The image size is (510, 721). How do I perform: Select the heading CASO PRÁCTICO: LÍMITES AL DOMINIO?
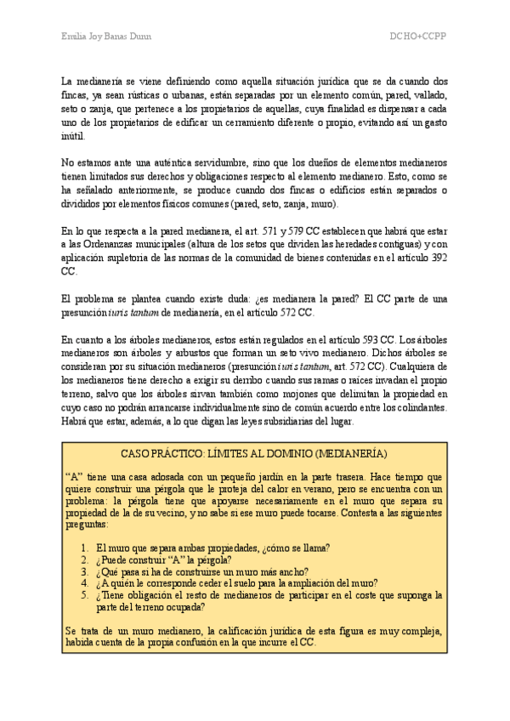click(x=254, y=453)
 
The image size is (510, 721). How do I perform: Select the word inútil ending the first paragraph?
click(x=75, y=135)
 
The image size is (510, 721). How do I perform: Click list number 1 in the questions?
click(x=85, y=548)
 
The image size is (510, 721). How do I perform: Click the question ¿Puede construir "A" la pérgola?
click(x=161, y=559)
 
